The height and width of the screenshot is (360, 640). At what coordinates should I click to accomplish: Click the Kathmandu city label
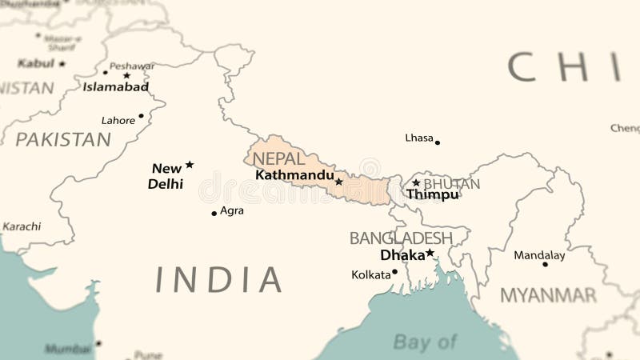tap(294, 174)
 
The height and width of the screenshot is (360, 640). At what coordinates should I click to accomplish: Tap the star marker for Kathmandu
tap(338, 182)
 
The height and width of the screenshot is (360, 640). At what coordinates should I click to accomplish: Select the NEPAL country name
tap(278, 158)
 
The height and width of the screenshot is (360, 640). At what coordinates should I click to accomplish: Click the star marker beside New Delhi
tap(190, 165)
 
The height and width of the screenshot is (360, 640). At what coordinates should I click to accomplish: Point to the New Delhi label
tap(166, 176)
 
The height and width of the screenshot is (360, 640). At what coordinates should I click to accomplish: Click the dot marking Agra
tap(214, 213)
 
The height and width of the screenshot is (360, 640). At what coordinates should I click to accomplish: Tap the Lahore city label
tap(118, 121)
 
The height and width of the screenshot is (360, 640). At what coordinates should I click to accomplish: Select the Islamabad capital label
tap(116, 87)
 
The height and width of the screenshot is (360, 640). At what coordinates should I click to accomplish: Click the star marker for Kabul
tap(62, 63)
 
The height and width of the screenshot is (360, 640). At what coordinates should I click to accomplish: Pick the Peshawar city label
tap(132, 66)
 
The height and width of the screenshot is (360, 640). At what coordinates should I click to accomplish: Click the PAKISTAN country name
tap(63, 140)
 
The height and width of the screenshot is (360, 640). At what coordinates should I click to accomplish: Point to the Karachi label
tap(22, 226)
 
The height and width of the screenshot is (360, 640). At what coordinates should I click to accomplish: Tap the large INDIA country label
tap(218, 279)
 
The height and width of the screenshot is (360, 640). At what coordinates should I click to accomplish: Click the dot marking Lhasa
tap(437, 142)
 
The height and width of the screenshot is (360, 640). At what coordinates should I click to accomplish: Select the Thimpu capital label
tap(432, 194)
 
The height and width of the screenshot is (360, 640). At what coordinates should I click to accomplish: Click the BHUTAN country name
tap(452, 184)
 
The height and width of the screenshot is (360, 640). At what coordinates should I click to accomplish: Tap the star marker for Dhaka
tap(430, 253)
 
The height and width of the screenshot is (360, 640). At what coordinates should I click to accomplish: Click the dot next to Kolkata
tap(394, 272)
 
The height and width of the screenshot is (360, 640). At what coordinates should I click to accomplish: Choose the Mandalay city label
tap(539, 256)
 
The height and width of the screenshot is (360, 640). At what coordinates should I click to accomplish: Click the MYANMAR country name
tap(548, 295)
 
